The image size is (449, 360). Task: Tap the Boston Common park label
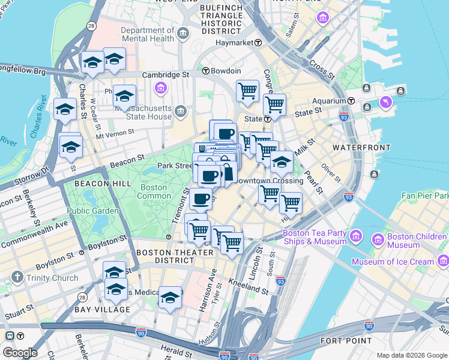tap(154, 191)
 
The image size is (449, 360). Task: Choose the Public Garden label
tap(92, 211)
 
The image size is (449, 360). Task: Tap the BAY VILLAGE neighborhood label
tap(102, 310)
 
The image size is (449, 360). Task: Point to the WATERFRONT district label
tap(358, 147)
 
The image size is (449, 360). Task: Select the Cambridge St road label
tap(165, 75)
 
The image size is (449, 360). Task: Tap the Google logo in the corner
tap(19, 353)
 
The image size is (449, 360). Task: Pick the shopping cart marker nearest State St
tap(274, 106)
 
